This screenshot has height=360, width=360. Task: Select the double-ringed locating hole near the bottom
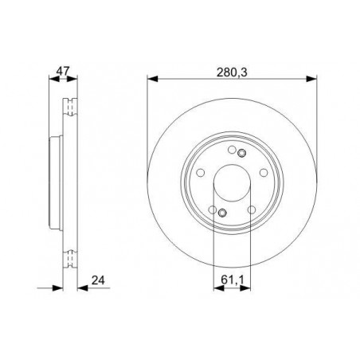223,212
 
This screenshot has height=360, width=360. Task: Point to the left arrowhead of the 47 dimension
53,79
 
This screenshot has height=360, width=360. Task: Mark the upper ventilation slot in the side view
70,104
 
